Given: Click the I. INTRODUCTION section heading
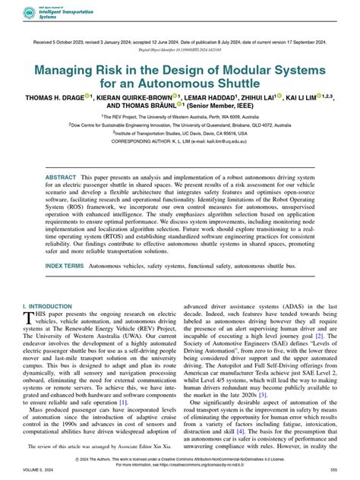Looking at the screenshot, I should (49, 305).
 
